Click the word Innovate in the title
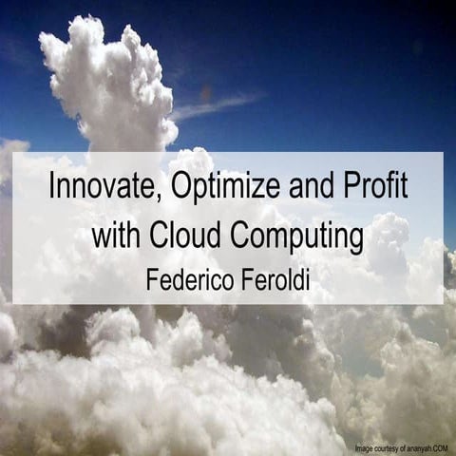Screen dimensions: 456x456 96,185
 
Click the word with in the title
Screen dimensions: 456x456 113,234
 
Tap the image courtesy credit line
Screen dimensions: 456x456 402,447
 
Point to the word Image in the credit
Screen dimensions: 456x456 365,447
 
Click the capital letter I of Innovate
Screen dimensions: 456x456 51,185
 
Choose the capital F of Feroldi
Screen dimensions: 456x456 238,280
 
